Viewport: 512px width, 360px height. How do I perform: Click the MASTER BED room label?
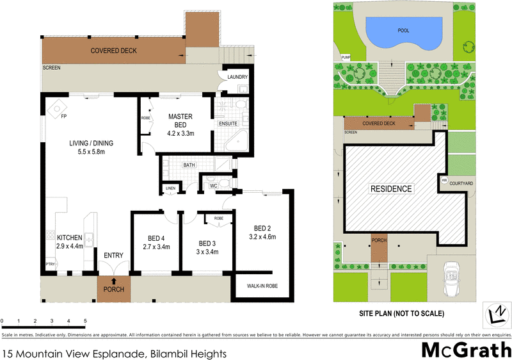pos(180,121)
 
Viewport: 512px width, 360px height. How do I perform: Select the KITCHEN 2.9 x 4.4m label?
pos(70,241)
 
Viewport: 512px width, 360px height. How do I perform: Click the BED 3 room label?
pos(208,247)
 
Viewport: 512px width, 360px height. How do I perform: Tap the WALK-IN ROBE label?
pos(262,286)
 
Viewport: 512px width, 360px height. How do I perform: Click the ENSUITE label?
pos(228,123)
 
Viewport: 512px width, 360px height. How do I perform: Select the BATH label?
pos(189,165)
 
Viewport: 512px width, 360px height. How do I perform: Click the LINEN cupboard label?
pos(170,188)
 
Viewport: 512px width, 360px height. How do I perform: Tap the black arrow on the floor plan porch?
pos(114,281)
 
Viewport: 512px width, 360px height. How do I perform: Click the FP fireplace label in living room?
pos(63,117)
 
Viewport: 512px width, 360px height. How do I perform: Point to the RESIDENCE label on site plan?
pos(390,189)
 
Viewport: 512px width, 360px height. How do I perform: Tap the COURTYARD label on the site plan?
pos(461,184)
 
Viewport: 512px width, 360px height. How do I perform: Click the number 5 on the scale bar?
pos(86,320)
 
